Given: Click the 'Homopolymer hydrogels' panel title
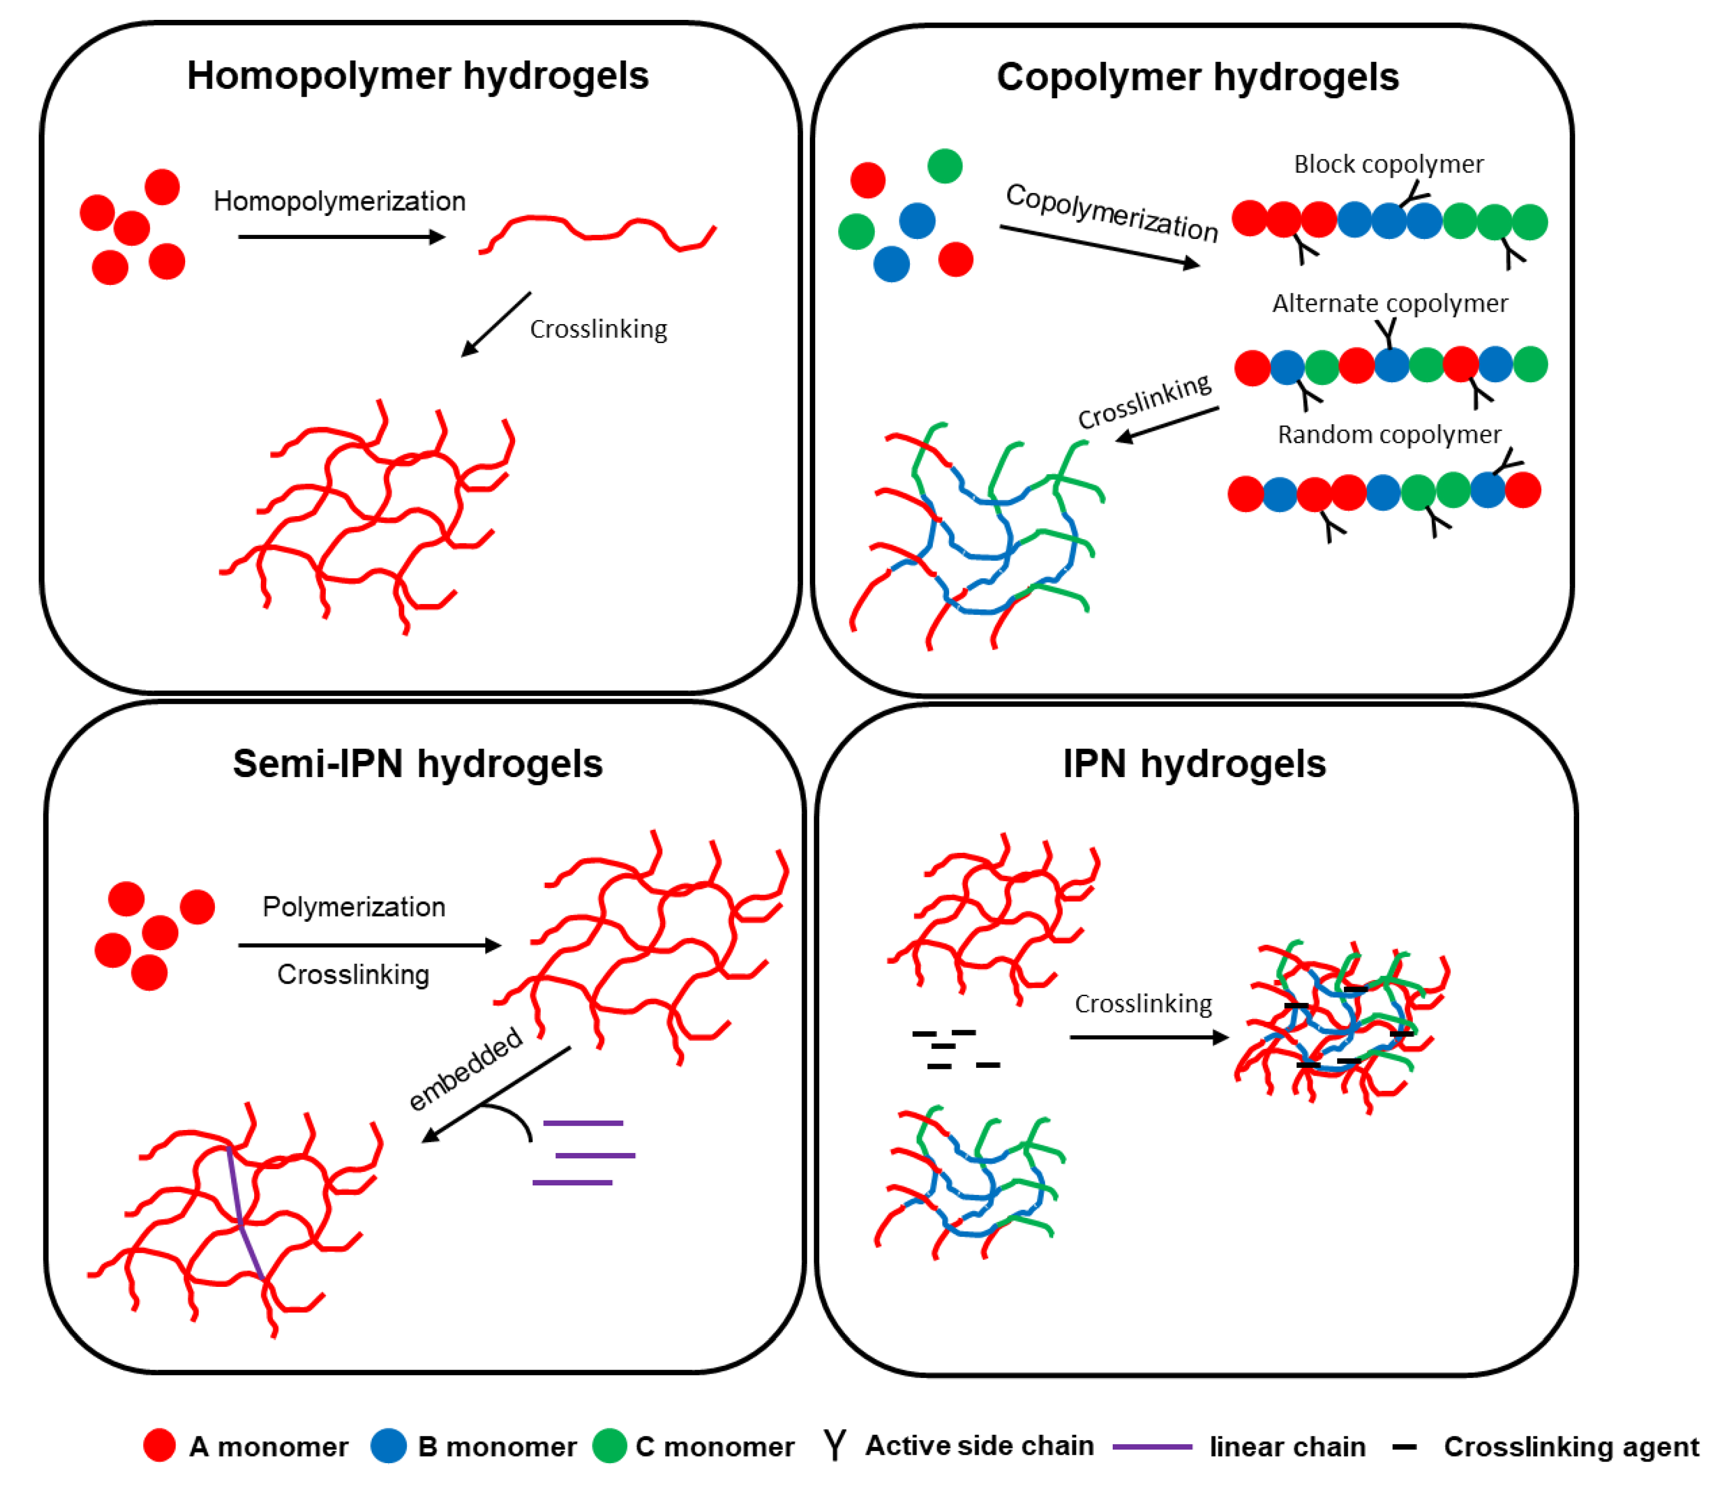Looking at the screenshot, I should click(x=417, y=76).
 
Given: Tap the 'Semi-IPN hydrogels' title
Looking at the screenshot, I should click(x=417, y=764).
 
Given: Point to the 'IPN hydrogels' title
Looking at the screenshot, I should click(x=1193, y=764).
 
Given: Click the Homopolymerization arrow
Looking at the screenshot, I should click(x=341, y=237).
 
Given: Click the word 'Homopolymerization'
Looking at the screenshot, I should click(x=339, y=201).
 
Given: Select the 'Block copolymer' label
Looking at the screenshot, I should click(x=1388, y=164).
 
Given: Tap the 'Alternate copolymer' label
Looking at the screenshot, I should click(x=1389, y=303).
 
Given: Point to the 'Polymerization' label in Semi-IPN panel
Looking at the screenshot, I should click(x=354, y=907).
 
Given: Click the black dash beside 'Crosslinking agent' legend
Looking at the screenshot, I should click(x=1404, y=1446).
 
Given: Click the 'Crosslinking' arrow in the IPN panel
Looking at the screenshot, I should click(x=1149, y=1037).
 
